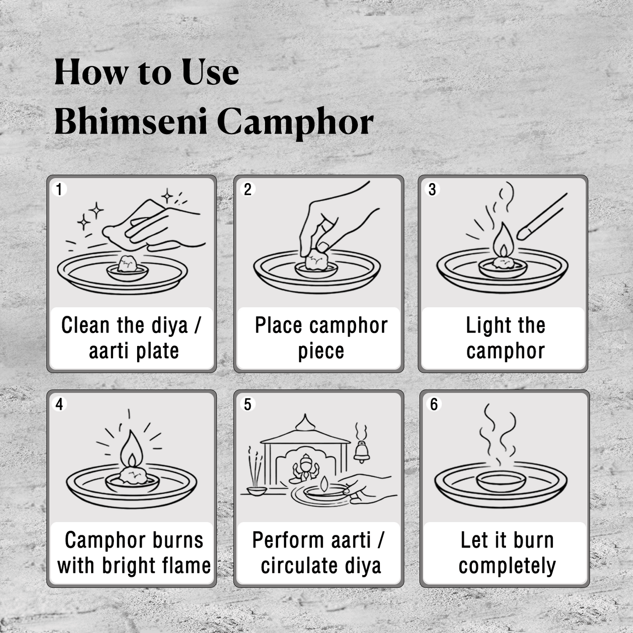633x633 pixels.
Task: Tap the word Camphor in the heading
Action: [295, 123]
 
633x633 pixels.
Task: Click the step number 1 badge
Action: [59, 189]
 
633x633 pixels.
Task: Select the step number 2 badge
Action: [248, 189]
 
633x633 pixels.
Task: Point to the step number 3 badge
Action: [432, 189]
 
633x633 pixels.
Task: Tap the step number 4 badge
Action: [59, 404]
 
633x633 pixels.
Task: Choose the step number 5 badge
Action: [248, 404]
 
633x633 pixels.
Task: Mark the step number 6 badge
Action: [434, 404]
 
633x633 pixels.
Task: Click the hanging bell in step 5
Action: [361, 451]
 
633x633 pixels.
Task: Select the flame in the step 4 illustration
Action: [131, 451]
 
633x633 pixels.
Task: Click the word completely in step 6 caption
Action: [507, 566]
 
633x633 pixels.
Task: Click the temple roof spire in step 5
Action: [305, 423]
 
